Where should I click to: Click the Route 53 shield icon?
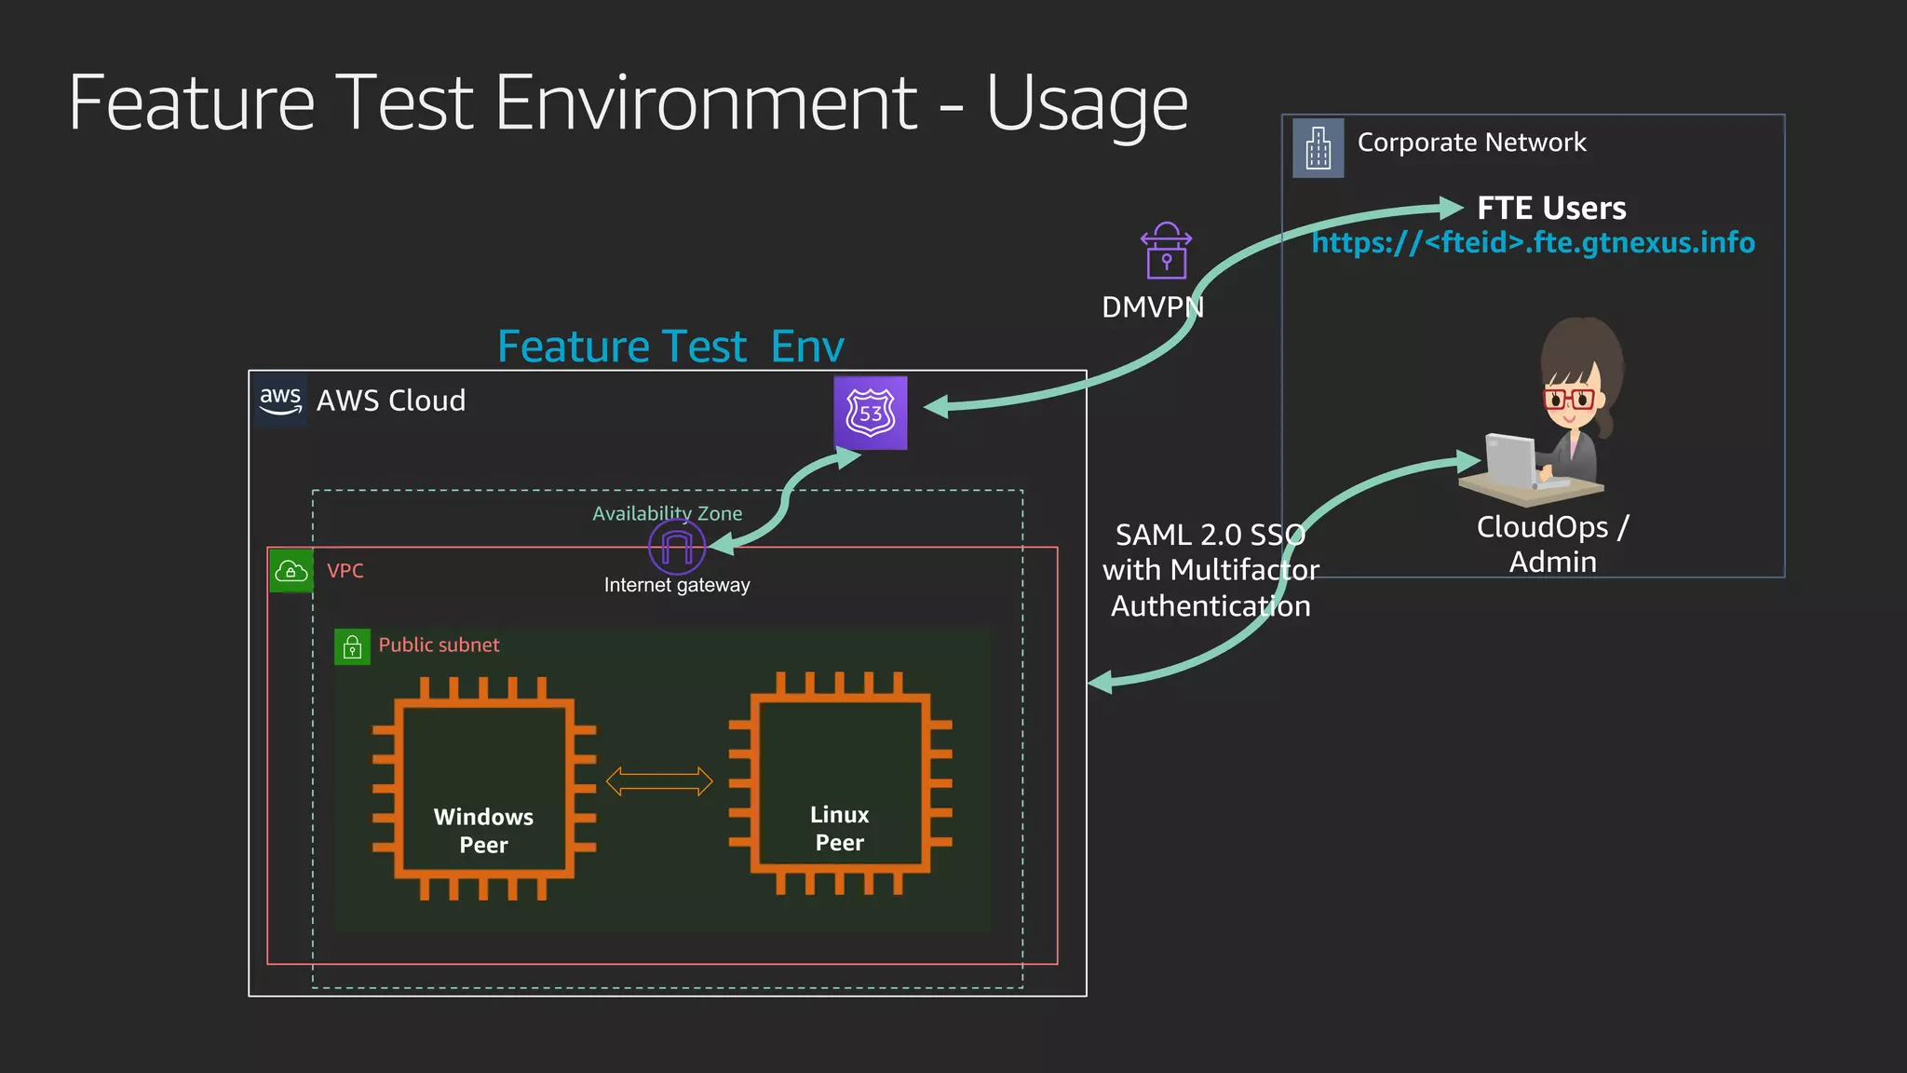click(870, 413)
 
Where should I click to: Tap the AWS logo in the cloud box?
click(280, 401)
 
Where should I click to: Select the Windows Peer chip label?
click(483, 830)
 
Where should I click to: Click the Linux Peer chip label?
click(839, 828)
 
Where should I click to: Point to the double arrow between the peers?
click(659, 781)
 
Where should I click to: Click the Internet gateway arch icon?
click(677, 547)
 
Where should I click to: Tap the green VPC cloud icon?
click(291, 571)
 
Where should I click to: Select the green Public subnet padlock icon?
click(352, 646)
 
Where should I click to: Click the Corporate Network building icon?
click(1318, 147)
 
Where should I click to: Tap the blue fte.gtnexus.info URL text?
click(1533, 243)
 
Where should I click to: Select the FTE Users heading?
click(1551, 208)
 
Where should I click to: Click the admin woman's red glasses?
click(1569, 400)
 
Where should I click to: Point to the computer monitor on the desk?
click(1508, 460)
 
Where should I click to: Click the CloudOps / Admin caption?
click(1552, 544)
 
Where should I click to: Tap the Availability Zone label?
click(667, 513)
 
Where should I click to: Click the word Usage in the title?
click(1086, 103)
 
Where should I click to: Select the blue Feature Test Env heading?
click(670, 346)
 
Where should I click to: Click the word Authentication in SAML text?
click(1210, 606)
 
